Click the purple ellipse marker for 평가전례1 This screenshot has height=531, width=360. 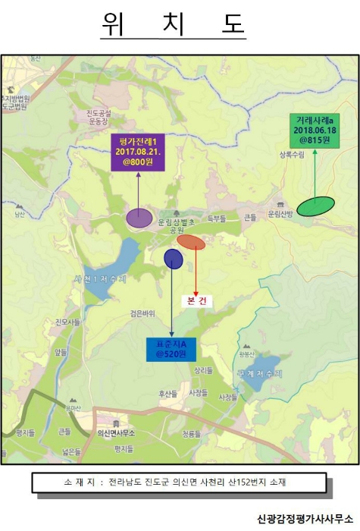click(x=139, y=218)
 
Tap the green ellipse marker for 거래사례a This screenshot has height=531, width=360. click(x=315, y=206)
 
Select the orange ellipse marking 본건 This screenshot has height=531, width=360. click(x=191, y=242)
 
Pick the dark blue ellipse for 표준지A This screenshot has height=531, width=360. click(x=174, y=259)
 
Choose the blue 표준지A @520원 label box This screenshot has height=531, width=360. click(x=171, y=349)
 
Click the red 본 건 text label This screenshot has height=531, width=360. click(x=197, y=300)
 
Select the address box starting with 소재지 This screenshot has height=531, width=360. click(x=179, y=482)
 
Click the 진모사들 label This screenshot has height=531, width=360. click(x=67, y=322)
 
